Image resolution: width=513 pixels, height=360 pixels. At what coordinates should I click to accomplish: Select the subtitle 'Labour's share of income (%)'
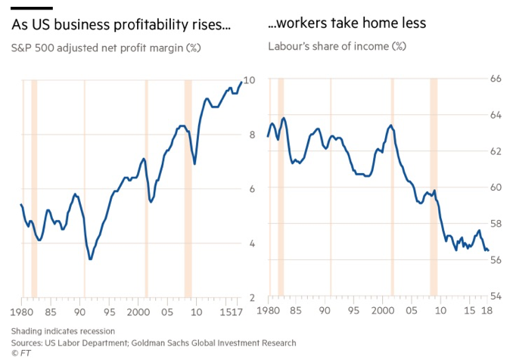click(337, 46)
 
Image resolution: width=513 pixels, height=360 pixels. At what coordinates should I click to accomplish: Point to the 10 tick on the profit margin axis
click(250, 79)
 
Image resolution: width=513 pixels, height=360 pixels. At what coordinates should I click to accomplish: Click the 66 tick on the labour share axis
click(496, 79)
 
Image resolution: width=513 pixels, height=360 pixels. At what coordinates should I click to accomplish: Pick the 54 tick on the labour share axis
click(496, 296)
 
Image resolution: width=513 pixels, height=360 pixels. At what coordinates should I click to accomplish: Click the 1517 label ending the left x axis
click(231, 312)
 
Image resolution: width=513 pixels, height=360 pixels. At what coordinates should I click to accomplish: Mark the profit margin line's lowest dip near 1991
click(90, 259)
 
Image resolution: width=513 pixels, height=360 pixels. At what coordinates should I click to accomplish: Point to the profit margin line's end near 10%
click(241, 82)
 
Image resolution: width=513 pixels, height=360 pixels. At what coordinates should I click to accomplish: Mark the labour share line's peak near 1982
click(284, 118)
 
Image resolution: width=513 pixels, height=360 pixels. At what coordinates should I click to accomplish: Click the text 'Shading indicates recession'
click(63, 331)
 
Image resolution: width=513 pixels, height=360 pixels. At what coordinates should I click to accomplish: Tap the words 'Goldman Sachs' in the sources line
click(168, 343)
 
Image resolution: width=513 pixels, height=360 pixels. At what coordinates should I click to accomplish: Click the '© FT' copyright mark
click(20, 353)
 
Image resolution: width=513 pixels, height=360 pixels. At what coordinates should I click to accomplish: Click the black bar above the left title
click(32, 8)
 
